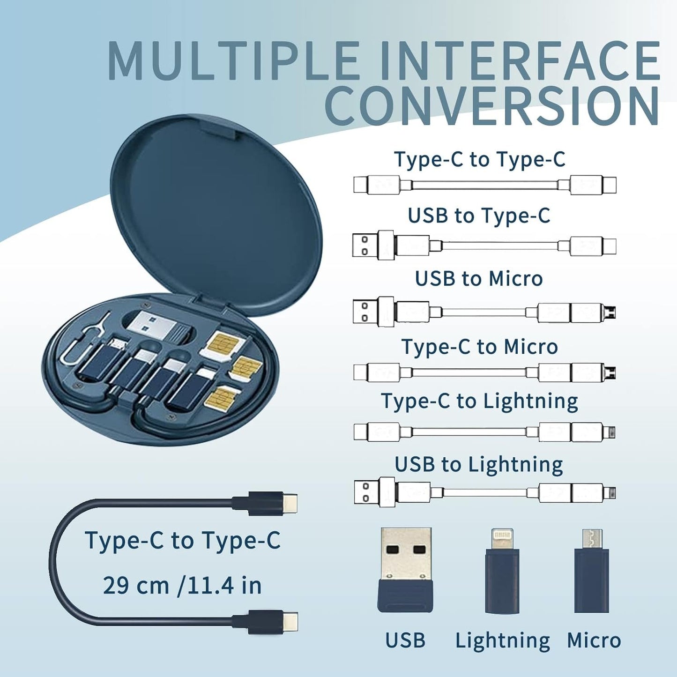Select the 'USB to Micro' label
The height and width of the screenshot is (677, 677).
[x=479, y=279]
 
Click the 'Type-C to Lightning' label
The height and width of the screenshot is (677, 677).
[x=479, y=402]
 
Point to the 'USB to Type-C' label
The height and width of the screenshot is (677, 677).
[x=479, y=216]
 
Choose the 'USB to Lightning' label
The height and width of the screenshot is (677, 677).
[x=479, y=464]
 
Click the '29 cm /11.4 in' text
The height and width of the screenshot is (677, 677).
[x=182, y=585]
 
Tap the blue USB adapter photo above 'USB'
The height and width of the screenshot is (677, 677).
[x=406, y=569]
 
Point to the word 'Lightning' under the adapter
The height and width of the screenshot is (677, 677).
[x=503, y=640]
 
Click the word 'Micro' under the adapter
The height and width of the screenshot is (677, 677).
[x=594, y=640]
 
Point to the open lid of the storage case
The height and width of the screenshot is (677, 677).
[x=216, y=216]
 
